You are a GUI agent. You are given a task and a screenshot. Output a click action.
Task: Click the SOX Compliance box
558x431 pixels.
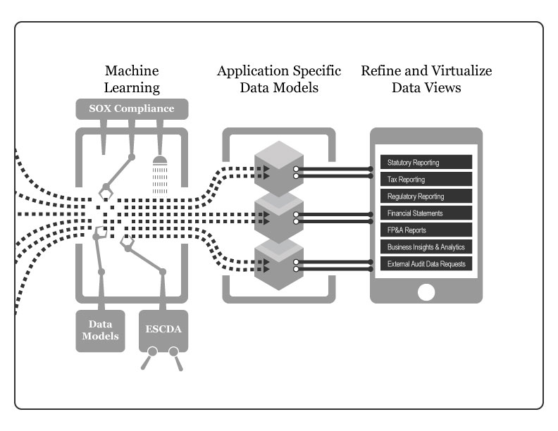131,109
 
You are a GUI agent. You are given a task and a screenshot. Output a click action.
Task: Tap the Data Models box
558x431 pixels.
100,330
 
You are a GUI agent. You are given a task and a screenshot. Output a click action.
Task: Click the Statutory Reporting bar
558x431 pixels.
426,163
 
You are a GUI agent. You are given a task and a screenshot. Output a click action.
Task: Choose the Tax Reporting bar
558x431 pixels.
426,180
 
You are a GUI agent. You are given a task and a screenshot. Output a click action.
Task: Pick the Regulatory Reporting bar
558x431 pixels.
426,196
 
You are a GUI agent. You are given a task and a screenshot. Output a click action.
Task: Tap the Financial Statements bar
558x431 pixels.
426,213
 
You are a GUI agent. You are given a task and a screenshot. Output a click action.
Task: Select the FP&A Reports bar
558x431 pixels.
426,230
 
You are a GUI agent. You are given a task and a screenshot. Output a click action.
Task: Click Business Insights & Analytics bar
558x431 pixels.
426,246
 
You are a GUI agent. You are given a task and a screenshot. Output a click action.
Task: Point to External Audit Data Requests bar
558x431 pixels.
426,263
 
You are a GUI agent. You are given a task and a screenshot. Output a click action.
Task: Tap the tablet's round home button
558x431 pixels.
426,292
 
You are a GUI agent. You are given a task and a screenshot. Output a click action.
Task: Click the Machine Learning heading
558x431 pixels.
132,79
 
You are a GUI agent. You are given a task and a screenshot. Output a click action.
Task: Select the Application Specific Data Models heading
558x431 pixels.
279,79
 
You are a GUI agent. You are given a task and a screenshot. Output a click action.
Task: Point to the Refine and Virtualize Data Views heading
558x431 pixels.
426,79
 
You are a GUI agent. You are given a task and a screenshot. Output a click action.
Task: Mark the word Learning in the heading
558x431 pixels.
132,88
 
